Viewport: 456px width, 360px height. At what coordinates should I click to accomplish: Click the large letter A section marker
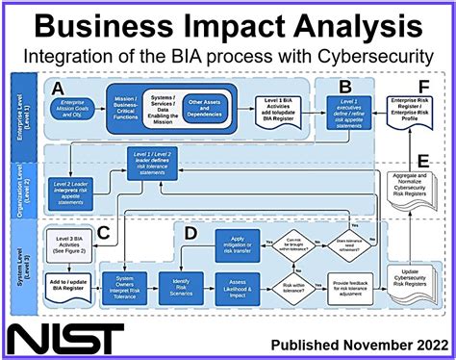(60, 89)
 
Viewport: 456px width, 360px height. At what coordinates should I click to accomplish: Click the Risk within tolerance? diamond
(293, 286)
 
